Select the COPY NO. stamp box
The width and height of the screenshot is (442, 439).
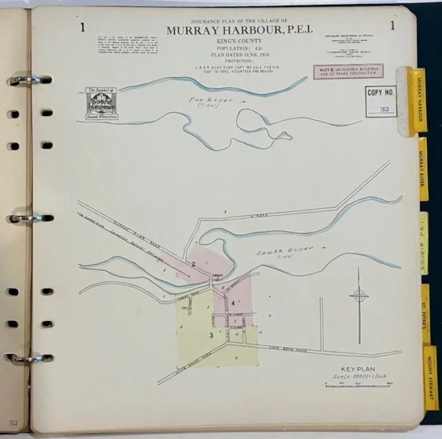point(381,101)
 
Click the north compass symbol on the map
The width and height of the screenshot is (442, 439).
point(359,295)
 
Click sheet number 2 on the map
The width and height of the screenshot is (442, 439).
point(195,264)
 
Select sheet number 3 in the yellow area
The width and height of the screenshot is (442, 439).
point(211,336)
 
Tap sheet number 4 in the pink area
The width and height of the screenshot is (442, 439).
point(233,302)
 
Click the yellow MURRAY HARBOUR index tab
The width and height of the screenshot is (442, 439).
point(419,100)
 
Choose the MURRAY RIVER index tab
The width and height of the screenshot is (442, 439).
point(423,170)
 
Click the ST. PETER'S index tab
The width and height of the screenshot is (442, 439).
point(426,314)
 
